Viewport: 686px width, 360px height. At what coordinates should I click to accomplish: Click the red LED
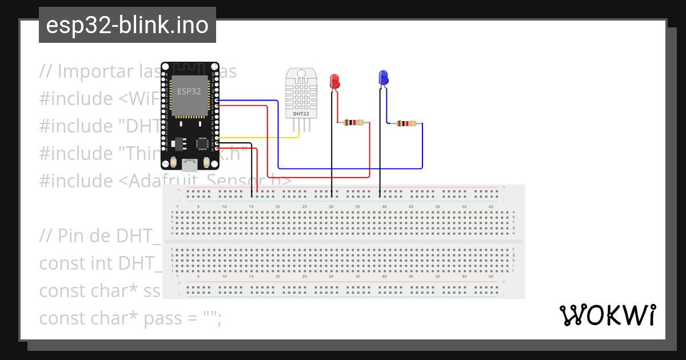335,81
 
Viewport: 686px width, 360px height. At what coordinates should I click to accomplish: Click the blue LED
384,77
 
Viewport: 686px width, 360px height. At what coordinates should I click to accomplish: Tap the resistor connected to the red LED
352,122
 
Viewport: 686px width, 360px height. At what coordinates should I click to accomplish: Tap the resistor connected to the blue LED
405,123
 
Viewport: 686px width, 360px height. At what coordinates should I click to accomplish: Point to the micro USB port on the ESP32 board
189,165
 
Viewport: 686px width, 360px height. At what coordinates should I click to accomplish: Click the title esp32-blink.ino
127,26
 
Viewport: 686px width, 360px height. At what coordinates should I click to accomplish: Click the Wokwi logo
608,315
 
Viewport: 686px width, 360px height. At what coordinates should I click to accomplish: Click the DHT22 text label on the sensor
301,114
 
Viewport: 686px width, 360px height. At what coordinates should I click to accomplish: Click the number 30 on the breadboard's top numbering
331,206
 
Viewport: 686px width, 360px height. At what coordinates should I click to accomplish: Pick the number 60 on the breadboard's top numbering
491,206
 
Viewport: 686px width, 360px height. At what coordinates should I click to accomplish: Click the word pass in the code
168,318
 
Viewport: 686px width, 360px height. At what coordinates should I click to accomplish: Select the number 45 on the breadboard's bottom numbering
411,277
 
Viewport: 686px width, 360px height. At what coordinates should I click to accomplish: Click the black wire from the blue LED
381,143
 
